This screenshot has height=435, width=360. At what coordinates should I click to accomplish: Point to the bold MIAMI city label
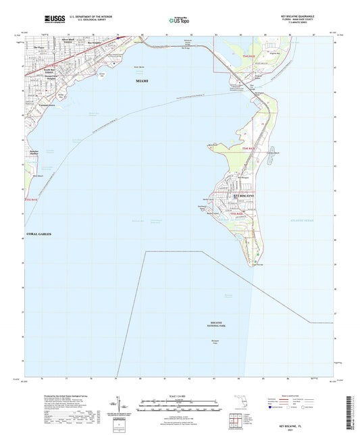(142, 80)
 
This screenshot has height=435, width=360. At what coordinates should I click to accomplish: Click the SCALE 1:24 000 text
(180, 395)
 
